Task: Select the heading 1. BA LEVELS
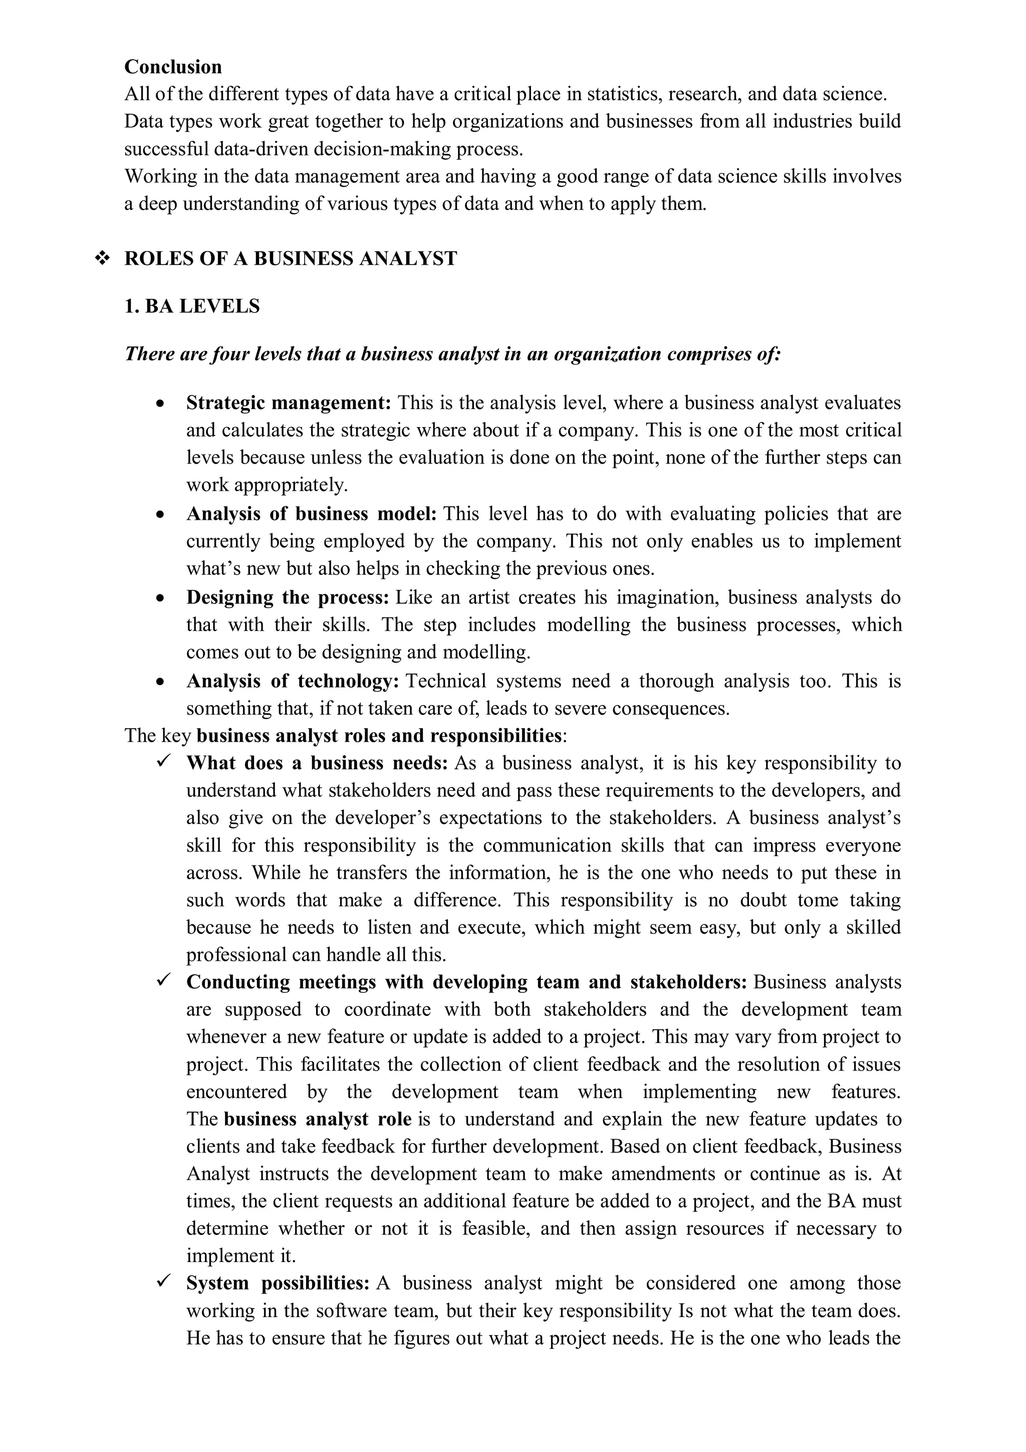192,307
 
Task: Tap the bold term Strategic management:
289,403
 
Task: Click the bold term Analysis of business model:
311,514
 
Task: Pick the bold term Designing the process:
288,597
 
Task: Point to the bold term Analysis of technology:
293,681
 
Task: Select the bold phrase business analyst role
317,1119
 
